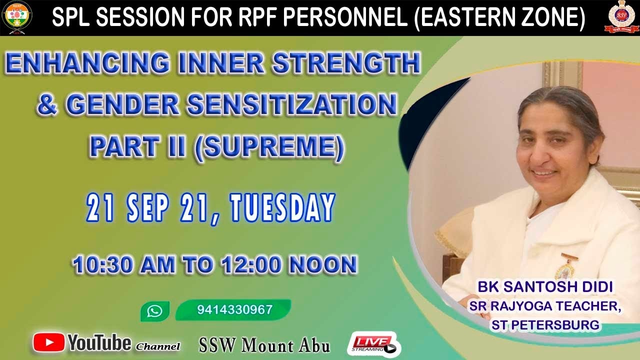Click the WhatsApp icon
155,311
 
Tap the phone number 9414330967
235,309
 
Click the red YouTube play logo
48,342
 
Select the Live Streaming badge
374,344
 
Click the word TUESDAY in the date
282,207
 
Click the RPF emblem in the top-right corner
621,17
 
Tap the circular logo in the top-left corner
17,17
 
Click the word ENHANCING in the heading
87,63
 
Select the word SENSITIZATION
292,104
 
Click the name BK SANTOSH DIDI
545,287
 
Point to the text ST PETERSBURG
545,325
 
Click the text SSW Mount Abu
264,345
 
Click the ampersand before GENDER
47,105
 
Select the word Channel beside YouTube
157,346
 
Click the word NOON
323,264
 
